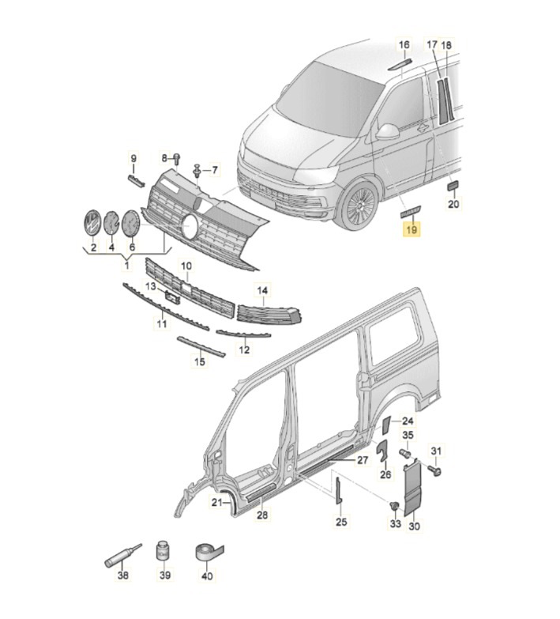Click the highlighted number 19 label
pos(411,230)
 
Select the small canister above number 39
pos(164,550)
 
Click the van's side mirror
pos(388,131)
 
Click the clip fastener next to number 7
pos(196,170)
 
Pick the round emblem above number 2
pos(92,225)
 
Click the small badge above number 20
pos(453,186)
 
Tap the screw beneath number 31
pos(435,470)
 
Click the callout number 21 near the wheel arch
pos(216,502)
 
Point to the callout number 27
pos(362,459)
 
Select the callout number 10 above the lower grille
pos(186,266)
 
